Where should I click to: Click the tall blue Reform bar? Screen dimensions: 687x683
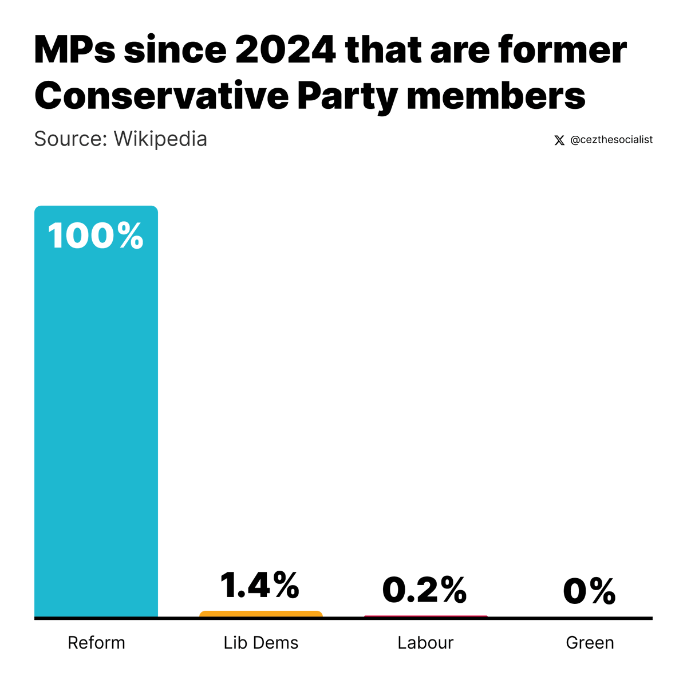tap(96, 411)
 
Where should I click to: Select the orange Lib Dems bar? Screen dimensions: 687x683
tap(261, 614)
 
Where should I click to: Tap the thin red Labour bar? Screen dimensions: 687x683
tap(426, 616)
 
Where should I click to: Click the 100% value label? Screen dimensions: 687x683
tap(96, 235)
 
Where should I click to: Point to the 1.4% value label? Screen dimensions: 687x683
tap(259, 585)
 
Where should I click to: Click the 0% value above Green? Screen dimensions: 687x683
tap(589, 591)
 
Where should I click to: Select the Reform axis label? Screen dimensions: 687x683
tap(96, 643)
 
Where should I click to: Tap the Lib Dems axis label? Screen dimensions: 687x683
tap(261, 643)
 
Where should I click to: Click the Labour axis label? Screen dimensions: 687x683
tap(425, 643)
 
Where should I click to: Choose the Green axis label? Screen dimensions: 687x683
tap(590, 643)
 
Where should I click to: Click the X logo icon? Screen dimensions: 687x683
tap(559, 140)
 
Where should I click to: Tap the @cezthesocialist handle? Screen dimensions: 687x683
tap(611, 140)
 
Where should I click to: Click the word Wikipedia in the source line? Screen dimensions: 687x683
tap(160, 139)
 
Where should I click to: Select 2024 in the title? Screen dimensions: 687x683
tap(285, 50)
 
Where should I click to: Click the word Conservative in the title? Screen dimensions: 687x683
tap(161, 95)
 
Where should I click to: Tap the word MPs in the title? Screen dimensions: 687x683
tap(75, 50)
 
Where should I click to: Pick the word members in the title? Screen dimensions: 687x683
tap(496, 95)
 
